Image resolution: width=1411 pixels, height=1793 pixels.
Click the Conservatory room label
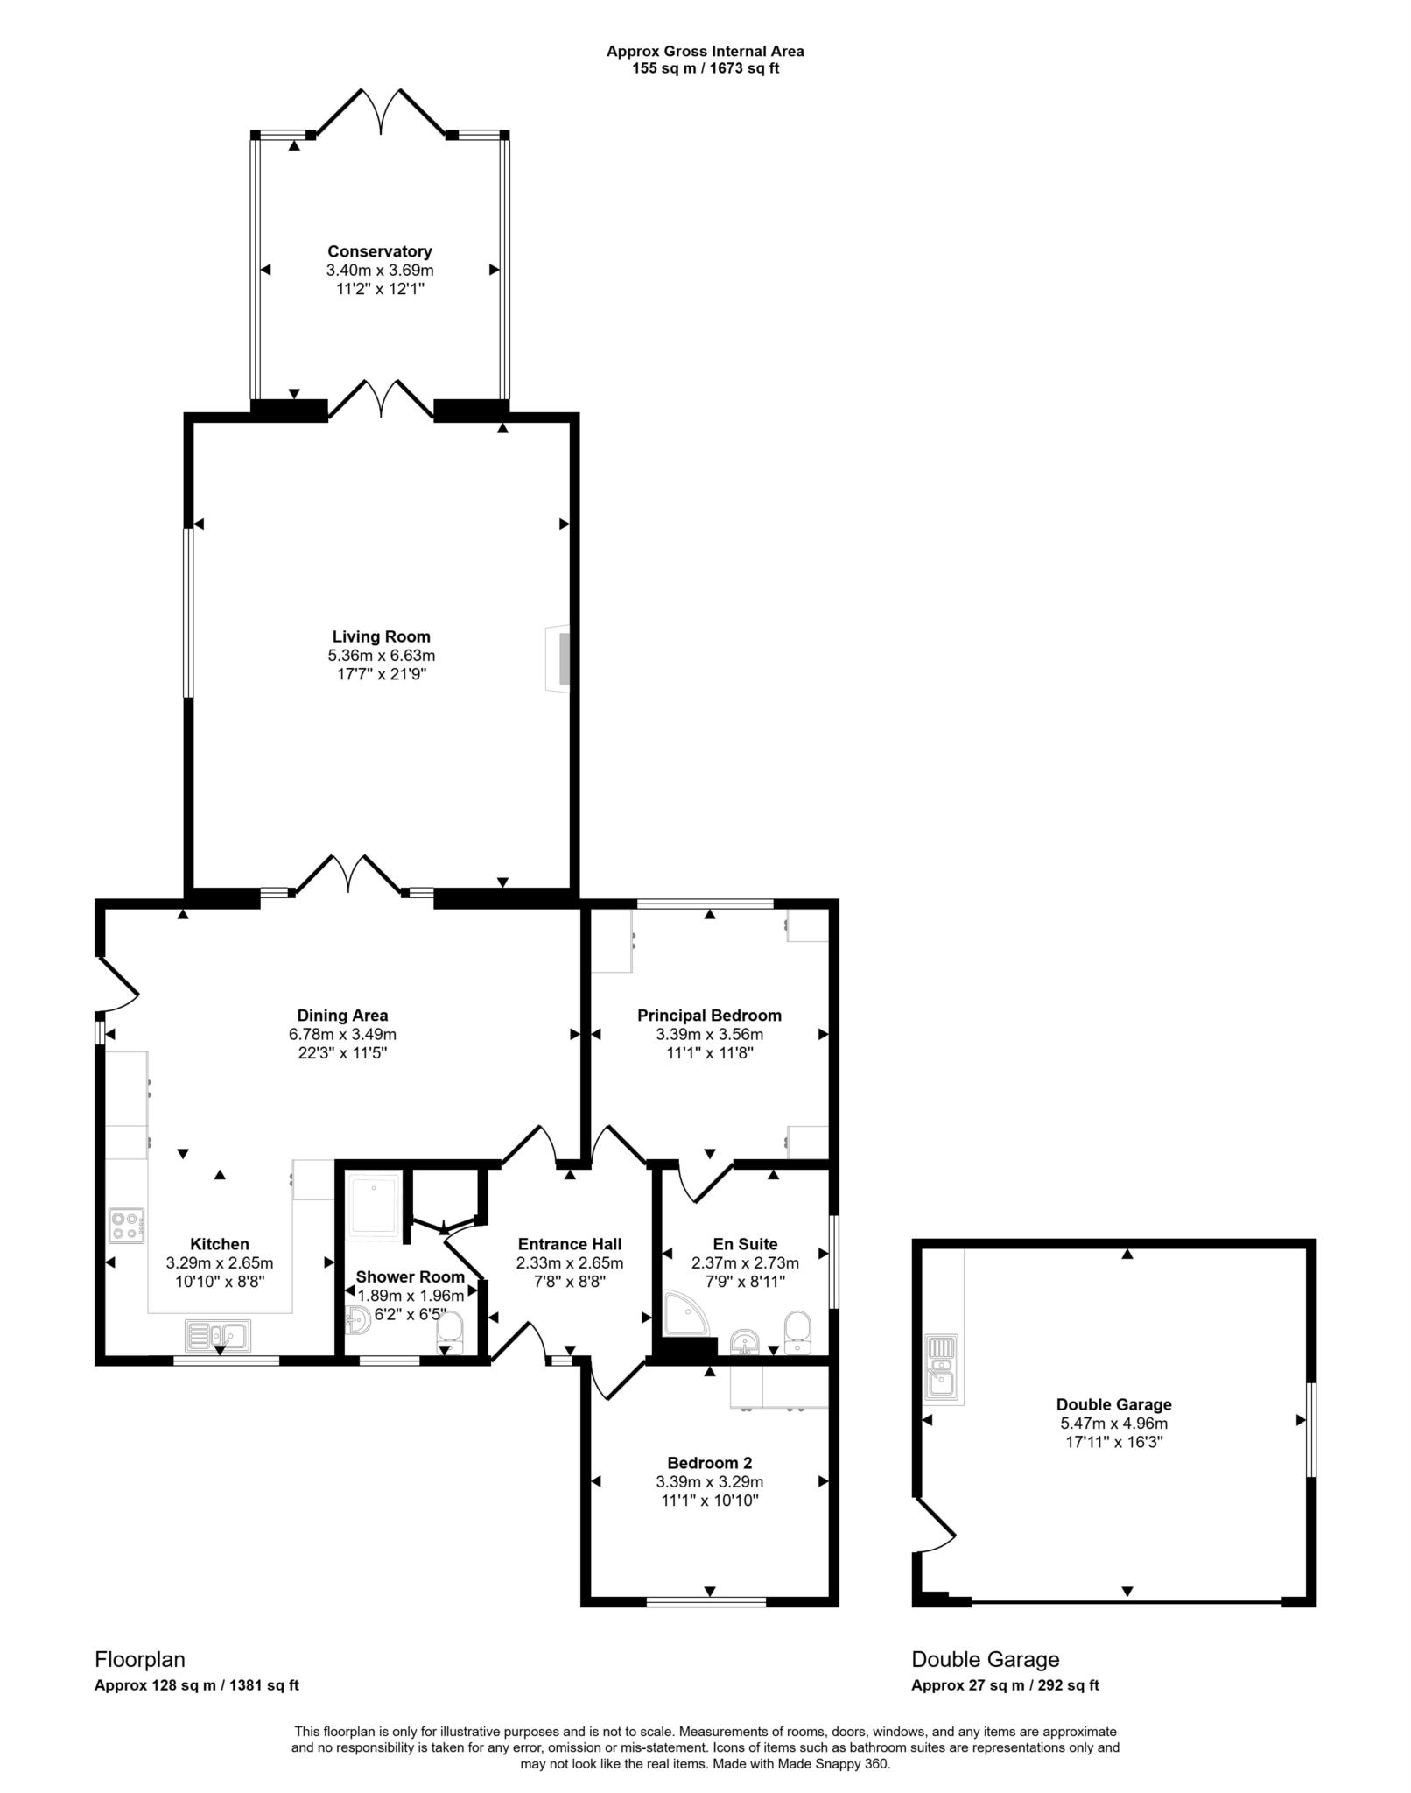[x=380, y=252]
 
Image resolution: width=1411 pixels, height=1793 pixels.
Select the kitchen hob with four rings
[x=127, y=1225]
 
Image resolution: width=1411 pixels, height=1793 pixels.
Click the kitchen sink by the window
[x=218, y=1335]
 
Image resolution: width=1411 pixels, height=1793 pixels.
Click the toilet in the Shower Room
[x=449, y=1328]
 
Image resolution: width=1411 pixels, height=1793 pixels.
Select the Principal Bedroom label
[x=709, y=1016]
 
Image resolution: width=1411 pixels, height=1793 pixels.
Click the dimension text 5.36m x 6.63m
[x=381, y=656]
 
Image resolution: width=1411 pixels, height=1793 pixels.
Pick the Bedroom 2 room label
[x=709, y=1463]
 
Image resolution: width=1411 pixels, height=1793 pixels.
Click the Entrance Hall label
[x=570, y=1244]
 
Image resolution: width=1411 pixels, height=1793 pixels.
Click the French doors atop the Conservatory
[x=381, y=112]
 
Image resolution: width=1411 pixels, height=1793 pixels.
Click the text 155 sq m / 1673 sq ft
[x=705, y=68]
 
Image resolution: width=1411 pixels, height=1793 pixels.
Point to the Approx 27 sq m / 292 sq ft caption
[x=1005, y=1685]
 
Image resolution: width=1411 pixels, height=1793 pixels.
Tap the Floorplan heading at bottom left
[x=140, y=1659]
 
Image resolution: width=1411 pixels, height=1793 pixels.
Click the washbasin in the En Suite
[x=744, y=1339]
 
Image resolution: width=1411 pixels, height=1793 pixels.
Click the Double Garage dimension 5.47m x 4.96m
[x=1113, y=1424]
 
